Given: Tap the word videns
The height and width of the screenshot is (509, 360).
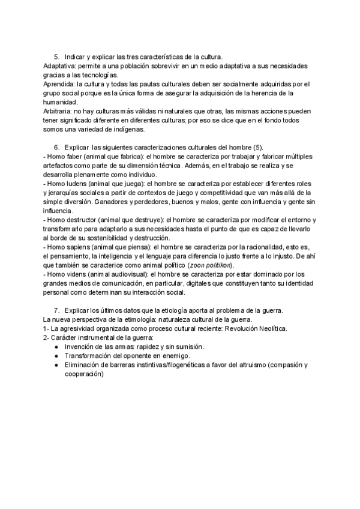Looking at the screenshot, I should click(x=77, y=274).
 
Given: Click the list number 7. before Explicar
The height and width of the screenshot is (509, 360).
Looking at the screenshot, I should click(x=58, y=310).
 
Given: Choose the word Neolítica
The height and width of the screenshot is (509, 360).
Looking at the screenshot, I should click(x=269, y=328).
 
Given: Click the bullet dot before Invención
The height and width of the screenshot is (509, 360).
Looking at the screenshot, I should click(x=56, y=347).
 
